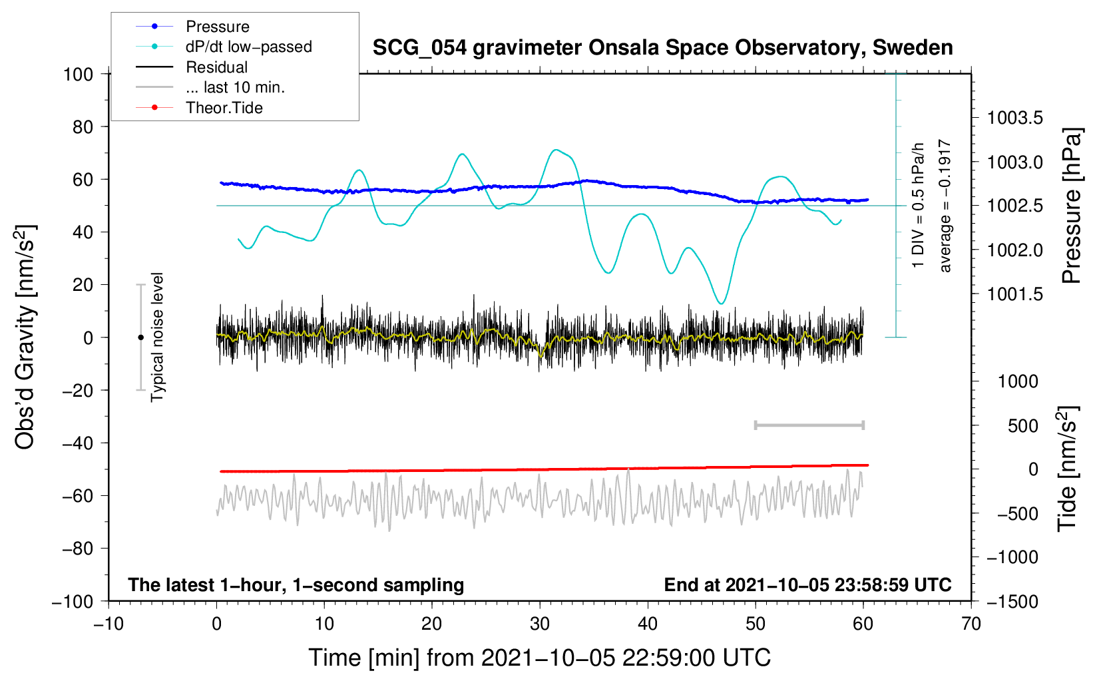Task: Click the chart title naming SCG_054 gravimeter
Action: (x=662, y=48)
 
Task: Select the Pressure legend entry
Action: (x=217, y=27)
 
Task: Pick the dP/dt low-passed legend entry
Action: (x=248, y=47)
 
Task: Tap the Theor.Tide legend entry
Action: (x=224, y=108)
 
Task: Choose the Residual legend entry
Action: (x=216, y=67)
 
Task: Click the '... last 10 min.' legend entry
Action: (x=235, y=87)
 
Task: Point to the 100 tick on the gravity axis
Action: (x=78, y=74)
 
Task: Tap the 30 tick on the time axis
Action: (x=540, y=624)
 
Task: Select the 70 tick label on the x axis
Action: (x=971, y=624)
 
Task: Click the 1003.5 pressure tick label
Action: (x=1015, y=118)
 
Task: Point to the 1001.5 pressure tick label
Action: (x=1015, y=294)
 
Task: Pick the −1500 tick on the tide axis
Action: (x=1012, y=601)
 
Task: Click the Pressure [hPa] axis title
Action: (x=1071, y=206)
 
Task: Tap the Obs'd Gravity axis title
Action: (x=25, y=338)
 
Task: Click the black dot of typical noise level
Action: (x=140, y=338)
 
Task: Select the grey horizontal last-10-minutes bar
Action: (x=809, y=425)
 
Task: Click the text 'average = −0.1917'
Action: (x=945, y=206)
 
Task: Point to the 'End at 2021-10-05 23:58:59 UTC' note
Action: (x=807, y=584)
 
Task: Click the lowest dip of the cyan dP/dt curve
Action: (x=721, y=304)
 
